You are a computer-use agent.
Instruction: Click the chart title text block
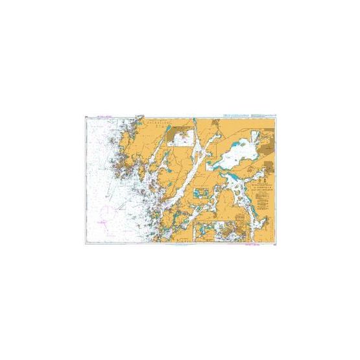coord(249,193)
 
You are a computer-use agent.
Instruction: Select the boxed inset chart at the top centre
coord(179,134)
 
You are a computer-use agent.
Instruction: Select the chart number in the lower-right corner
coord(276,246)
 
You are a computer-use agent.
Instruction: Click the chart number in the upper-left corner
coord(86,117)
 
